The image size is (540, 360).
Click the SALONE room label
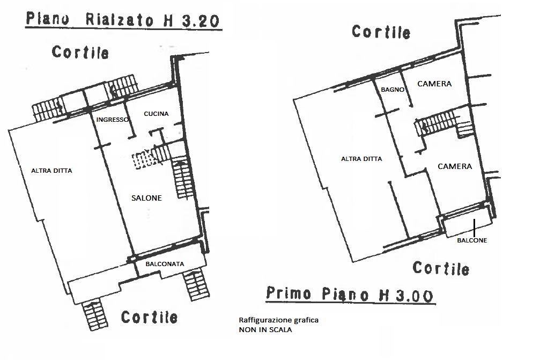pyautogui.click(x=146, y=198)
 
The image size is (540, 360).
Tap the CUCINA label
pyautogui.click(x=156, y=114)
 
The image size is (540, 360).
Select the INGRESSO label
pyautogui.click(x=112, y=120)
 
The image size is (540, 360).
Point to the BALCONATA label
pyautogui.click(x=165, y=264)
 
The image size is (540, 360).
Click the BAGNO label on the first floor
pyautogui.click(x=393, y=90)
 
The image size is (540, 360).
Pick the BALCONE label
pyautogui.click(x=472, y=240)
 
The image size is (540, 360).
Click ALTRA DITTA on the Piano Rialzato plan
pyautogui.click(x=51, y=171)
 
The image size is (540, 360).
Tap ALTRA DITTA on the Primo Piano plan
pyautogui.click(x=361, y=159)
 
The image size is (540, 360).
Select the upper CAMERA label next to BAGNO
pyautogui.click(x=434, y=84)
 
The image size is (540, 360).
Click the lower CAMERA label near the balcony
pyautogui.click(x=455, y=166)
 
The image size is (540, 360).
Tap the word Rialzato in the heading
pyautogui.click(x=119, y=20)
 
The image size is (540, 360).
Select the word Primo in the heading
pyautogui.click(x=289, y=293)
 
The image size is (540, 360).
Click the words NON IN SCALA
pyautogui.click(x=265, y=329)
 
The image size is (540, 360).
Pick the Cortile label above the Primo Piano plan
pyautogui.click(x=381, y=32)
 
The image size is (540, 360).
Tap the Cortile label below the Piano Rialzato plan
pyautogui.click(x=149, y=317)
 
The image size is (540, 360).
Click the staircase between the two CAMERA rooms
pyautogui.click(x=441, y=123)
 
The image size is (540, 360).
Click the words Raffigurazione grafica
pyautogui.click(x=279, y=320)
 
